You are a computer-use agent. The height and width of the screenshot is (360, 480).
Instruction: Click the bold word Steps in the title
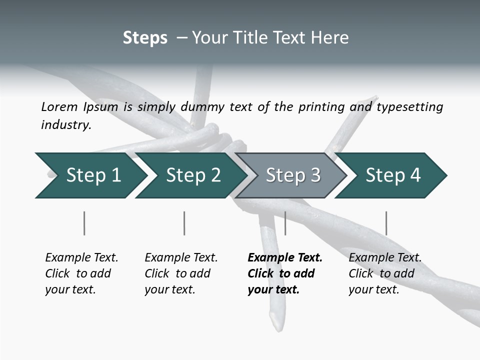pyautogui.click(x=145, y=38)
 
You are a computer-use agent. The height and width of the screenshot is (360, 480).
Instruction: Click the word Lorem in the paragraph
pyautogui.click(x=59, y=107)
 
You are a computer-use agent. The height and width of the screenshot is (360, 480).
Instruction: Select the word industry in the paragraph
pyautogui.click(x=65, y=125)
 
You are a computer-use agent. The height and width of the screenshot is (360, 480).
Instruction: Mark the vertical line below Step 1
pyautogui.click(x=84, y=223)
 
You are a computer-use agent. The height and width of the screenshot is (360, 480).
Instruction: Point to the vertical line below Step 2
pyautogui.click(x=184, y=223)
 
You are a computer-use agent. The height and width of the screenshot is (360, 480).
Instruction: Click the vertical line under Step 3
pyautogui.click(x=285, y=223)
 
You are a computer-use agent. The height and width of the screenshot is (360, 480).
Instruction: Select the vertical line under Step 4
pyautogui.click(x=386, y=223)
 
